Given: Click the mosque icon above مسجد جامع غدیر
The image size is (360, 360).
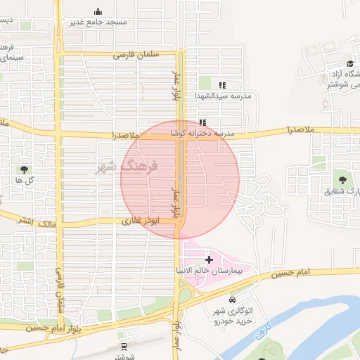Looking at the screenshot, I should [x=97, y=11].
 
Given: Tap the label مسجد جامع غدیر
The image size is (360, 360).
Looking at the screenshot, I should [x=98, y=22].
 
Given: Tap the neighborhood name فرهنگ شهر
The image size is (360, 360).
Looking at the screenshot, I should [x=127, y=167].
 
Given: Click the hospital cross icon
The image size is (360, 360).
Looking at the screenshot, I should [x=208, y=259].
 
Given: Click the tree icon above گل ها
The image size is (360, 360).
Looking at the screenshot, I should [x=25, y=169].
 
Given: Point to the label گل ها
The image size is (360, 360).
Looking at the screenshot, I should [x=25, y=180].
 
